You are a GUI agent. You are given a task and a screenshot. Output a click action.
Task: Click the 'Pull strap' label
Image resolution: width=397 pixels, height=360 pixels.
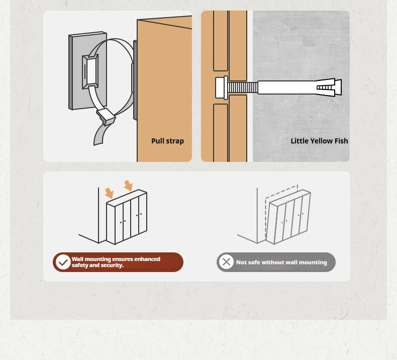tap(167, 141)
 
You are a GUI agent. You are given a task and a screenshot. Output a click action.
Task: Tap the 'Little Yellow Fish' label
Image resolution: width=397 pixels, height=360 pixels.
tap(319, 141)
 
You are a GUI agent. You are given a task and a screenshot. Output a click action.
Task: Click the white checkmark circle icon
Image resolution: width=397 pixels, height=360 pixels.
tap(63, 262)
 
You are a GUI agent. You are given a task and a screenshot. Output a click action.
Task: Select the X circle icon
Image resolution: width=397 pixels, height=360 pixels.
tap(226, 262)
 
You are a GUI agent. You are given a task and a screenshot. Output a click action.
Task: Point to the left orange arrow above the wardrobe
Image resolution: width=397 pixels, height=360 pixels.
tap(109, 193)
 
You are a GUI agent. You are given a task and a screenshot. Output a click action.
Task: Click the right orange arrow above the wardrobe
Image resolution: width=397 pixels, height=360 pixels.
tap(128, 186)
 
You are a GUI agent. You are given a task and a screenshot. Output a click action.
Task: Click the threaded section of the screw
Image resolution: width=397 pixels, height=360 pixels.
tap(243, 87)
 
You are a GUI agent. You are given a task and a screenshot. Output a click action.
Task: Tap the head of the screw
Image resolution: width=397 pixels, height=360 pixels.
tap(222, 87)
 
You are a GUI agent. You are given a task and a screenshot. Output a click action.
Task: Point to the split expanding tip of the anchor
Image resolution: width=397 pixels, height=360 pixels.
tap(329, 87)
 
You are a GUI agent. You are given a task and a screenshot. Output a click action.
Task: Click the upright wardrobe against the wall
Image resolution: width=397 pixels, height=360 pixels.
tap(127, 217)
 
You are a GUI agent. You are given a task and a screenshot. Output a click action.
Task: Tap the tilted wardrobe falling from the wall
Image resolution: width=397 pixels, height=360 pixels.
tap(288, 217)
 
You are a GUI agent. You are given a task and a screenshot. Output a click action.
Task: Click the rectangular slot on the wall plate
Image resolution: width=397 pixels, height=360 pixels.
tap(90, 72)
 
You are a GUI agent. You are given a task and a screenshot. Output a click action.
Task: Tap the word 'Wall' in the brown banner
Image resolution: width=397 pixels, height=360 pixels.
tap(77, 259)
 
